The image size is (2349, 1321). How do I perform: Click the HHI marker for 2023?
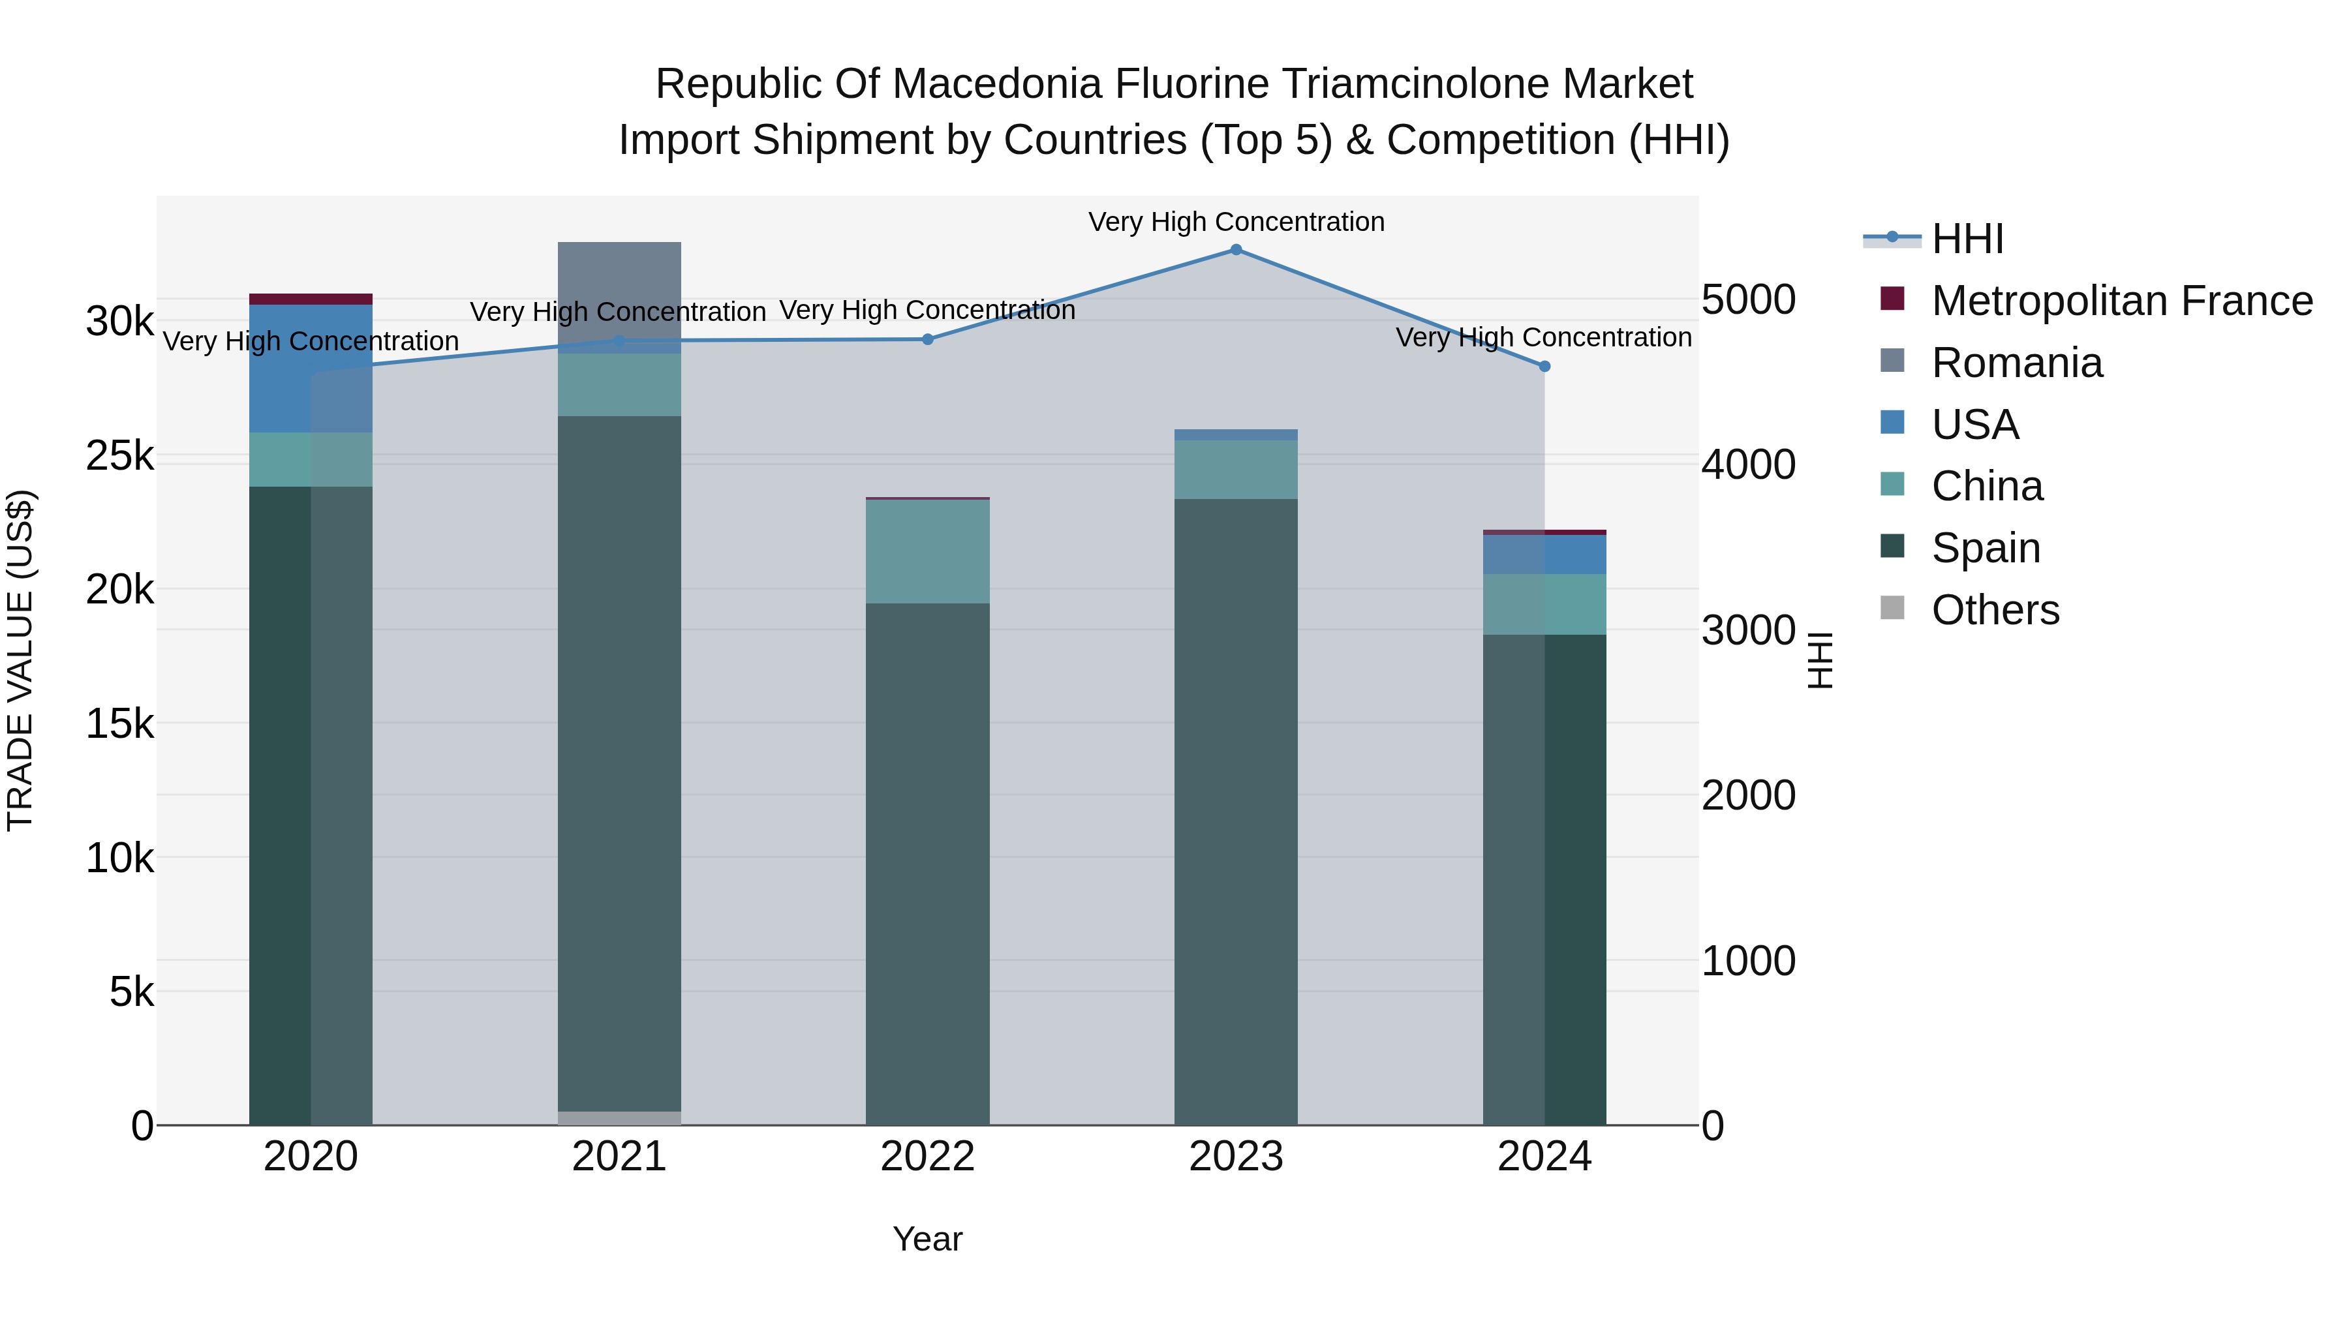[x=1236, y=250]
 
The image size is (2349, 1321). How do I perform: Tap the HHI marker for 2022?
[x=927, y=339]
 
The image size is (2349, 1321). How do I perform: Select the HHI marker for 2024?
[x=1544, y=367]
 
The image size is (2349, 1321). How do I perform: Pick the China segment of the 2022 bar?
[x=927, y=551]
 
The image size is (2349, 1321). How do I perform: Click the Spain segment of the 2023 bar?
[x=1236, y=812]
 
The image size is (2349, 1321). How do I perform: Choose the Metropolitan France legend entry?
[x=2121, y=301]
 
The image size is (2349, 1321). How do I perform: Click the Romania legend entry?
[x=2016, y=363]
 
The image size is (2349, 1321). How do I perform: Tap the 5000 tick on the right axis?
[x=1748, y=300]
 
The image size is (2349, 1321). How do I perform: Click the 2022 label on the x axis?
[x=927, y=1157]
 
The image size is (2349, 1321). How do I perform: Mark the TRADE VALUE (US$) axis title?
[x=20, y=660]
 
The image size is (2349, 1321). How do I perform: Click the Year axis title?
[x=927, y=1239]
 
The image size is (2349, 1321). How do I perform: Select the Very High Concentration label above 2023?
[x=1236, y=222]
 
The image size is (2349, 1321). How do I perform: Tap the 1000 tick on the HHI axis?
[x=1748, y=961]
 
